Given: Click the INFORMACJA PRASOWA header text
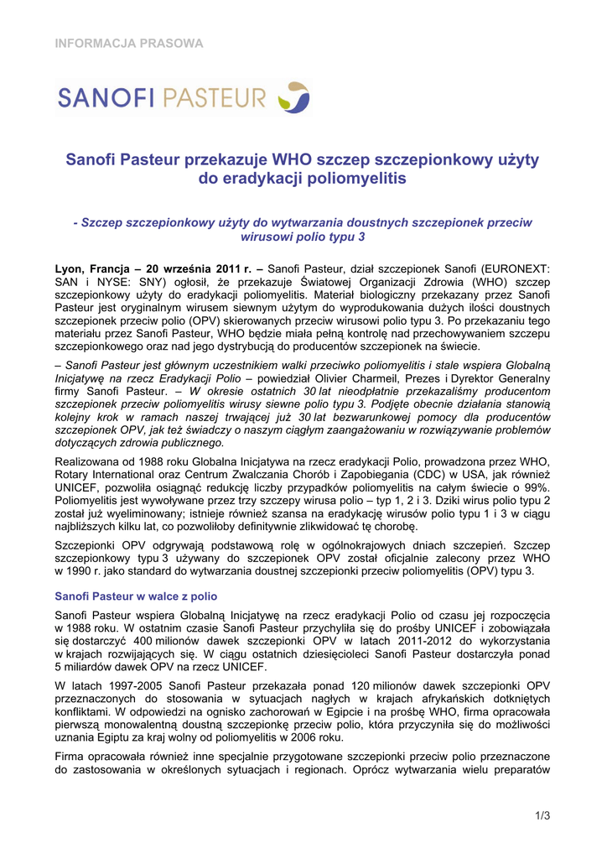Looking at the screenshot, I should tap(129, 43).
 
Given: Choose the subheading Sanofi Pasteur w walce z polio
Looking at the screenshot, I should tap(136, 596).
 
